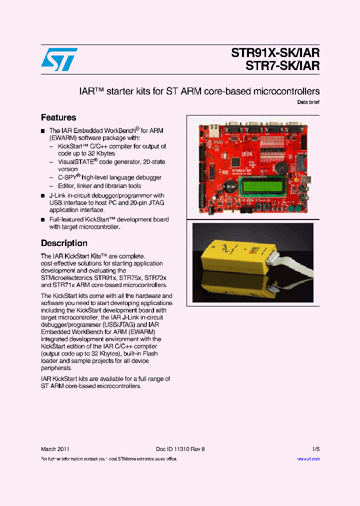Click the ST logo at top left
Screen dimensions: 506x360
click(59, 59)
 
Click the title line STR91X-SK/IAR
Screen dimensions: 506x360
click(275, 53)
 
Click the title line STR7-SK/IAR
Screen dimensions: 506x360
click(282, 65)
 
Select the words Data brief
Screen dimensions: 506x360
click(308, 102)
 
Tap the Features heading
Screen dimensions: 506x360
click(58, 117)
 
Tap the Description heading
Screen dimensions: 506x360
click(64, 243)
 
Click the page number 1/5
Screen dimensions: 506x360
click(315, 449)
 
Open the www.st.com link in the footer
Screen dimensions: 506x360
click(308, 459)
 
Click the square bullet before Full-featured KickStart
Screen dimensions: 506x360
click(43, 220)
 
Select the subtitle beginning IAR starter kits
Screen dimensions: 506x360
click(199, 91)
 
